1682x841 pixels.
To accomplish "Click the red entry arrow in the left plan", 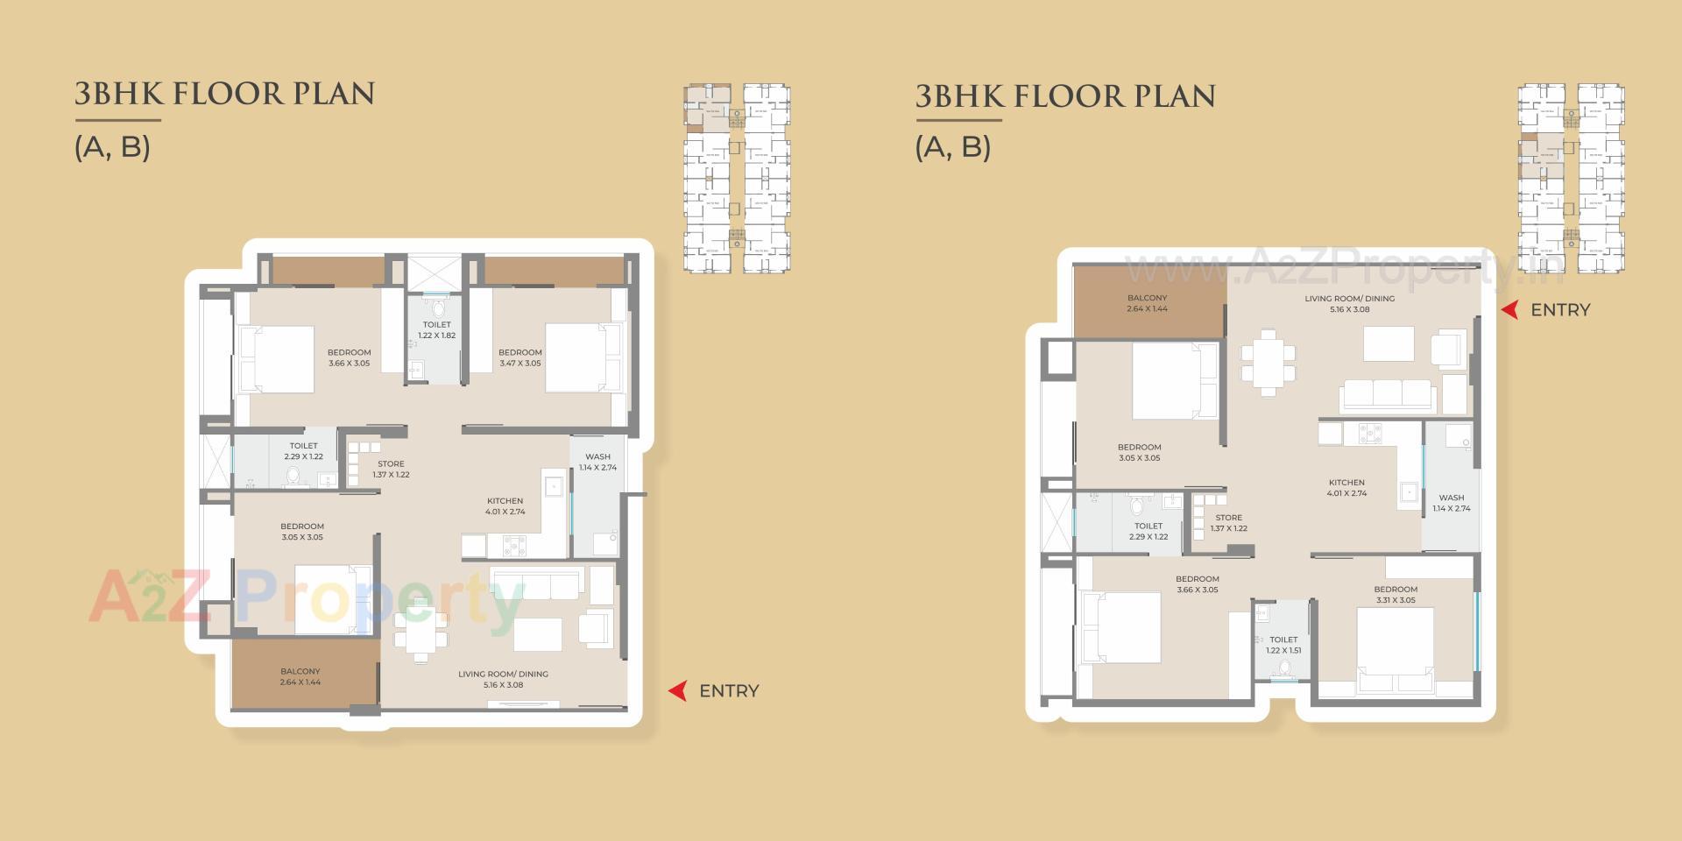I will (677, 691).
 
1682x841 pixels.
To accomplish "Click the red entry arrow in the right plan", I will (1509, 309).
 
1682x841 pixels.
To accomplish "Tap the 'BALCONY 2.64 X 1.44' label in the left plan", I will (300, 676).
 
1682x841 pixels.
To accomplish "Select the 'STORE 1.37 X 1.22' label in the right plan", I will (1228, 523).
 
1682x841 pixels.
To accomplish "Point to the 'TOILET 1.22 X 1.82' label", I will (436, 330).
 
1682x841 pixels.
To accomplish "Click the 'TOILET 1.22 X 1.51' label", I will (1283, 645).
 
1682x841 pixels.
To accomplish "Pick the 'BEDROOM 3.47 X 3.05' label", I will (520, 357).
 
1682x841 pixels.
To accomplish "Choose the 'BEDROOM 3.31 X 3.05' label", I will (1396, 595).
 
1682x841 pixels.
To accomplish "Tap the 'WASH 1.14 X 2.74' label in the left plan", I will (597, 462).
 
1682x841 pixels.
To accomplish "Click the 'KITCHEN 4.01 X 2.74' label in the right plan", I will (1346, 488).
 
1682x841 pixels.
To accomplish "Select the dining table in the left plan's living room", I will (421, 630).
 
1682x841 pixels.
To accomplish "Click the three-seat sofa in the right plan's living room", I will (1387, 395).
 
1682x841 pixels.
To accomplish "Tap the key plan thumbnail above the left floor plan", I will (737, 179).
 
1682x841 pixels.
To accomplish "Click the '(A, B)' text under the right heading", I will (953, 146).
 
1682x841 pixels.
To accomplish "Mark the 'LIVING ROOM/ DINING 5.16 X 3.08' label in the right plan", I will (1349, 304).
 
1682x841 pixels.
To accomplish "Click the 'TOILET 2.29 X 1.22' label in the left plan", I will (303, 451).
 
